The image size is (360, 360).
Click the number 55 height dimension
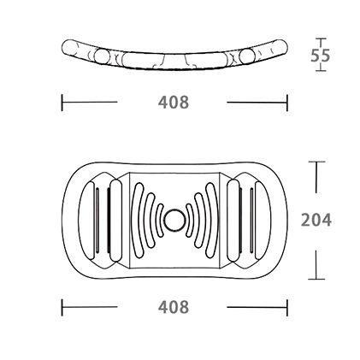tap(320, 56)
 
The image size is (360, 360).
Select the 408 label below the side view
tap(174, 103)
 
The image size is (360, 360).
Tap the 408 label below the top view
tap(174, 307)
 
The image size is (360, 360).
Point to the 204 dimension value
tap(316, 220)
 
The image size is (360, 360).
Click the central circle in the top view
tap(174, 220)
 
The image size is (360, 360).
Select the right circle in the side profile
tap(246, 56)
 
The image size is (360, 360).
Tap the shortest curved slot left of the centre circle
tap(158, 220)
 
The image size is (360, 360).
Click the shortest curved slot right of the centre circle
tap(189, 220)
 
